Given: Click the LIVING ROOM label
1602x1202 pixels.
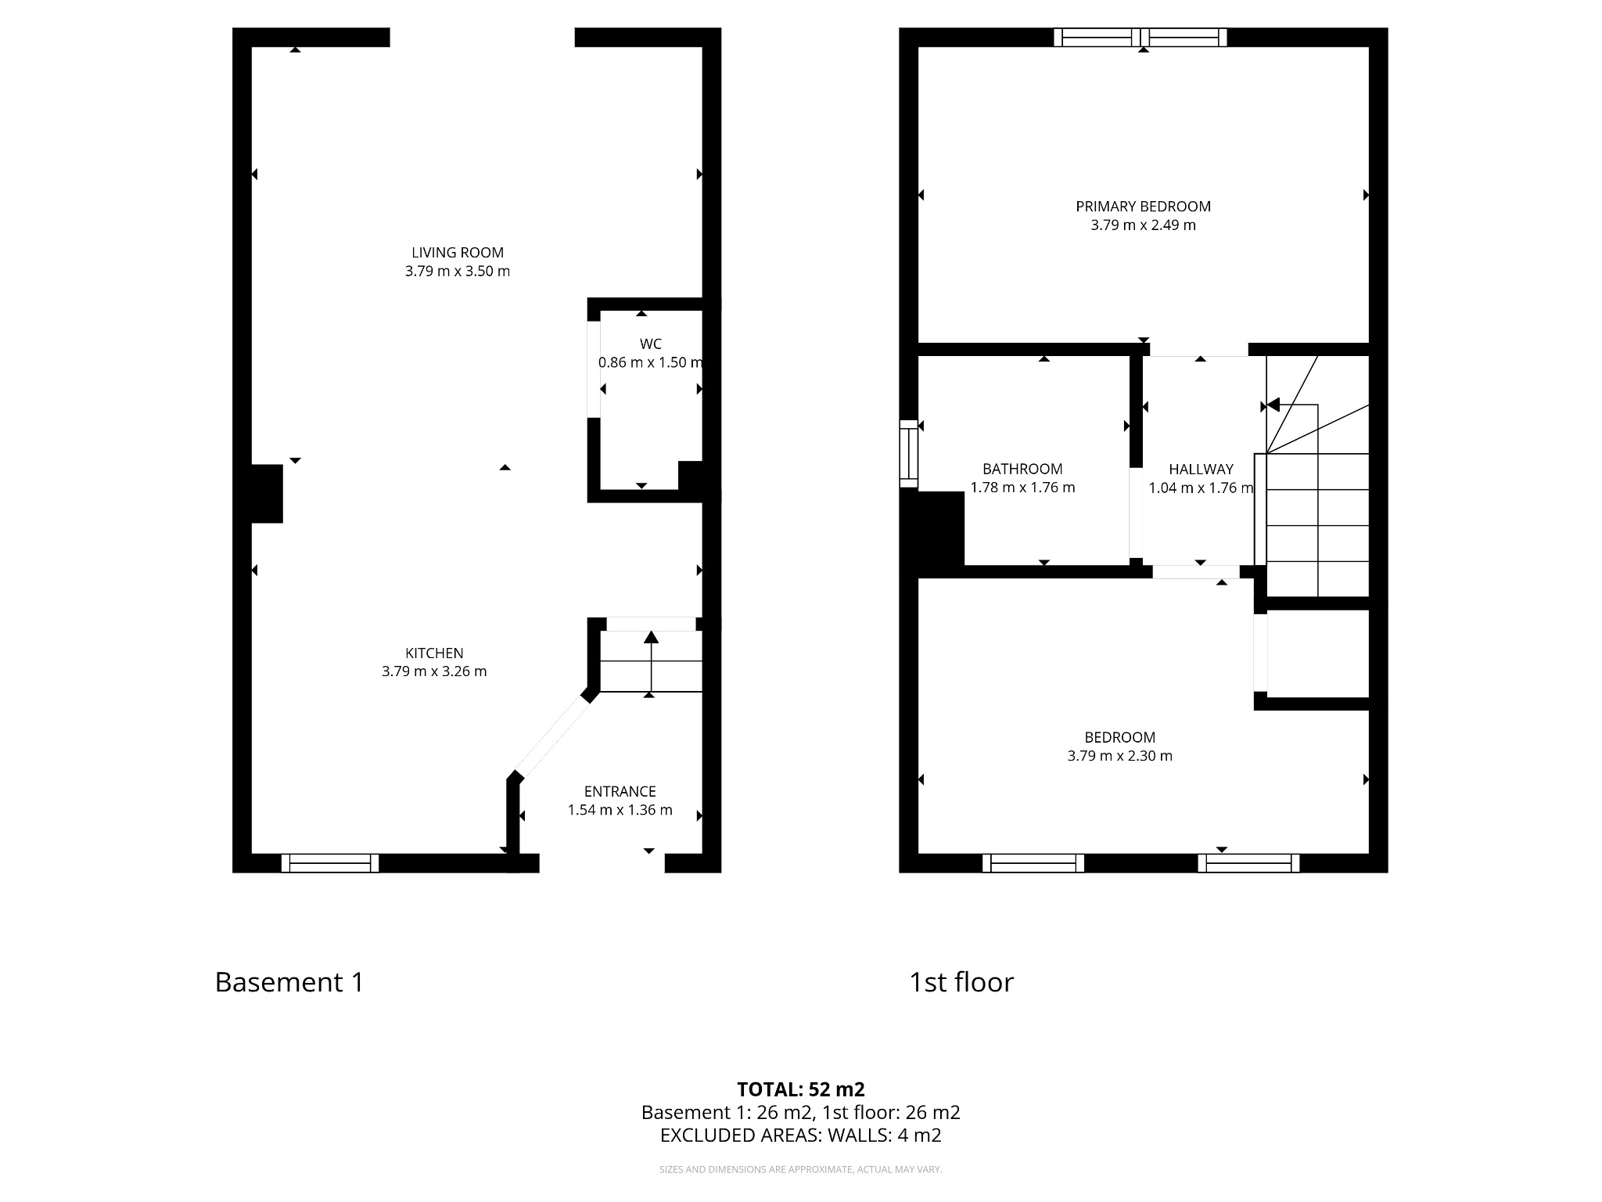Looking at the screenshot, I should coord(458,253).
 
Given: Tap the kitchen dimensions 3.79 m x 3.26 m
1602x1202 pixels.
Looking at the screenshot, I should coord(434,671).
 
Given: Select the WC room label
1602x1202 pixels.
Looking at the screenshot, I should coord(650,344).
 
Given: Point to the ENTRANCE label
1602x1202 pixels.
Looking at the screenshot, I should coord(620,791).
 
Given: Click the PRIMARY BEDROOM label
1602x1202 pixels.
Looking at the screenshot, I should coord(1143,207).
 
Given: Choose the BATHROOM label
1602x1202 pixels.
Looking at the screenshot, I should coord(1022,469).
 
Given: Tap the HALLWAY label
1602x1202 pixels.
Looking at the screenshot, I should coord(1201,469).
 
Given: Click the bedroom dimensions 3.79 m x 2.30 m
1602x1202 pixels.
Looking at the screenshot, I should coord(1119,756).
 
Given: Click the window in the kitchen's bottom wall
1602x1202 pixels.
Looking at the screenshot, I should coord(330,863).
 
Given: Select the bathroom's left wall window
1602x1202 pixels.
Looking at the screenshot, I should coord(908,454).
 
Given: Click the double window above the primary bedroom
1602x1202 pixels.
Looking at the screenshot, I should coord(1140,37).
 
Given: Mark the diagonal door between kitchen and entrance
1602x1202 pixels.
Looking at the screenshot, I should coord(551,736).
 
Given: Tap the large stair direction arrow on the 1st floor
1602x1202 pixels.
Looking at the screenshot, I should coord(1273,405).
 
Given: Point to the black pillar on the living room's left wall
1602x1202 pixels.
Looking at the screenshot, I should coord(266,493).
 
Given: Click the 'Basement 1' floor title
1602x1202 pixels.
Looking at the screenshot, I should coord(289,982).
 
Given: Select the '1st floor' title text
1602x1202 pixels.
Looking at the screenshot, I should coord(961,982).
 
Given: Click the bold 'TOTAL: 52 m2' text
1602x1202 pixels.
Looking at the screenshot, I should coord(800,1089).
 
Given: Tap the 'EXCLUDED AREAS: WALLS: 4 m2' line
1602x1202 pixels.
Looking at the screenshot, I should coord(800,1135).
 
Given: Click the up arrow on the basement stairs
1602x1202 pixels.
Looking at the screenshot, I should coord(651,638).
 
